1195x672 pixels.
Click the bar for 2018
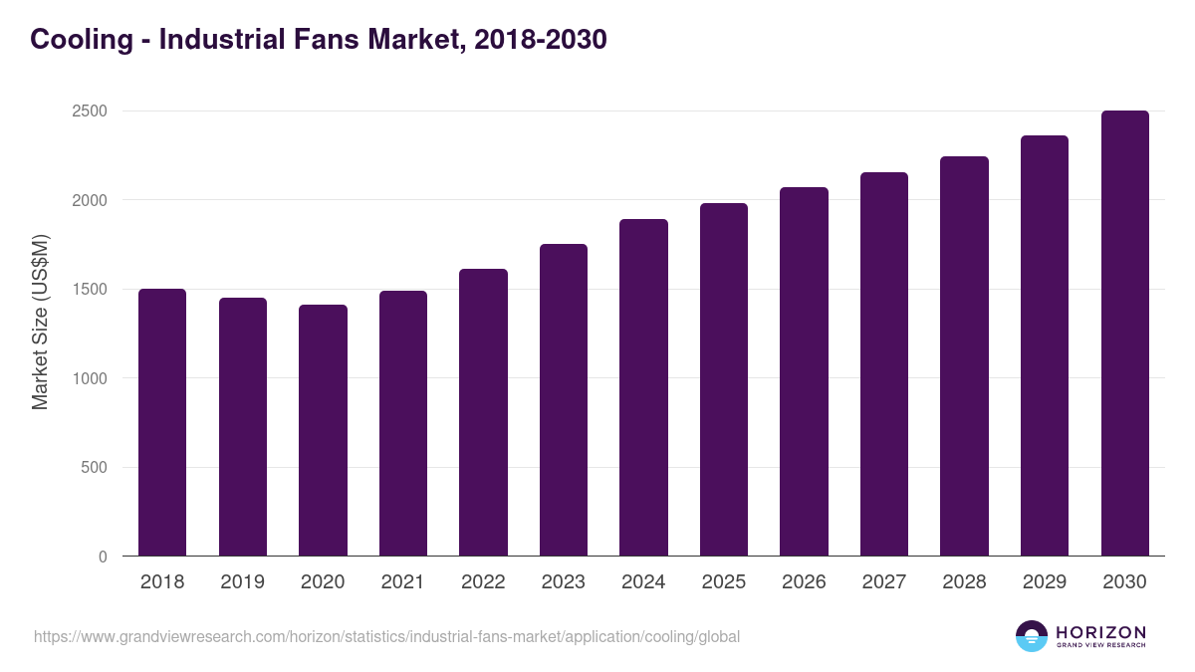coord(162,422)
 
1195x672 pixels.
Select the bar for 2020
coord(323,430)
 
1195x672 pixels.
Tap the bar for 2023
coord(564,400)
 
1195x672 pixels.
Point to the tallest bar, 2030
coord(1124,334)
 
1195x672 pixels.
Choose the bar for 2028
coord(964,356)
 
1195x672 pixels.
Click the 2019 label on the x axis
coord(242,582)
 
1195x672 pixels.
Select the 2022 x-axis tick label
coord(483,582)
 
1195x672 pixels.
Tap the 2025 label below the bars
coord(723,582)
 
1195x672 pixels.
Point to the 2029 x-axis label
coord(1045,582)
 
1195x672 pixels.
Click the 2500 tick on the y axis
coord(89,112)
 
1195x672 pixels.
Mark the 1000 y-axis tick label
coord(89,378)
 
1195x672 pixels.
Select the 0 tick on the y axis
coord(103,557)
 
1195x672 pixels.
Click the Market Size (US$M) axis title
coord(40,322)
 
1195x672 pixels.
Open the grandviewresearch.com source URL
coord(386,636)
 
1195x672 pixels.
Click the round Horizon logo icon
coord(1032,636)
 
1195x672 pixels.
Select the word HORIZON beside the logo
coord(1100,632)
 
